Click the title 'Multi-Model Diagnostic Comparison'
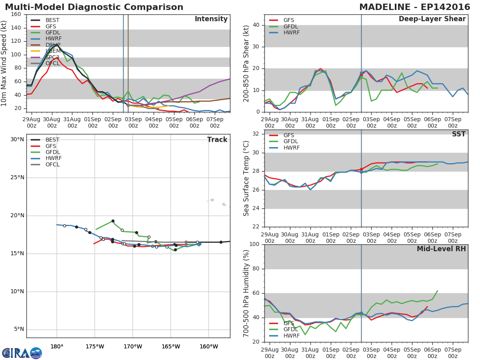[x=94, y=7]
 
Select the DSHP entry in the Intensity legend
[x=53, y=45]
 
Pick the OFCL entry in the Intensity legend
[x=52, y=64]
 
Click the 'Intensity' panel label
[x=211, y=19]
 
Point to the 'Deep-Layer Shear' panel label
[x=432, y=19]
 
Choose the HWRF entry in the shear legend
[x=291, y=33]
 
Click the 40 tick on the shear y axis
[x=257, y=25]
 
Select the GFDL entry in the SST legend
[x=291, y=142]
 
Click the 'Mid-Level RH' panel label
[x=441, y=249]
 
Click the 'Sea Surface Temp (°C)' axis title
[x=246, y=178]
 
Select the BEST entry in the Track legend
[x=52, y=140]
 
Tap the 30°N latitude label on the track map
[x=17, y=140]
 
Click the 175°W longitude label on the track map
[x=95, y=346]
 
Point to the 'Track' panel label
[x=217, y=140]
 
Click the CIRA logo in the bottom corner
[x=22, y=353]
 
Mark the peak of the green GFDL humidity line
[x=438, y=291]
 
